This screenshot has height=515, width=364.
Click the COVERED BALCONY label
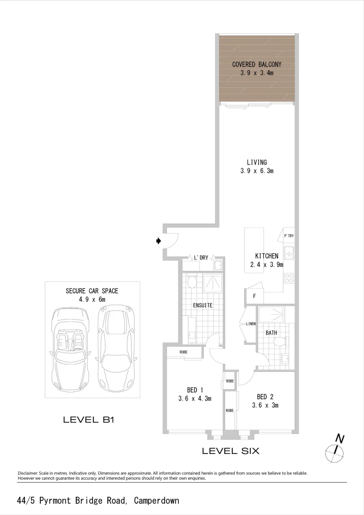click(x=257, y=64)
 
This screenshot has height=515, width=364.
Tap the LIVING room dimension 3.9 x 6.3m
click(x=257, y=171)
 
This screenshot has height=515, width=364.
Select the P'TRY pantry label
click(x=289, y=236)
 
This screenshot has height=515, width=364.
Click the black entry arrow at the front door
click(x=159, y=242)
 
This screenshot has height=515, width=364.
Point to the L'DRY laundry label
click(x=201, y=257)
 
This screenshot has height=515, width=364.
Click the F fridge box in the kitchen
click(x=254, y=296)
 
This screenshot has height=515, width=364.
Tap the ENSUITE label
click(x=203, y=305)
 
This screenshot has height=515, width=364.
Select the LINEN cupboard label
click(x=251, y=324)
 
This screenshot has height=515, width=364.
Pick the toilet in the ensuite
click(x=192, y=282)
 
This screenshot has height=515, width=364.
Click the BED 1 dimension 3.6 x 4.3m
click(x=195, y=399)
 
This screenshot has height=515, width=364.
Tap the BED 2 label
click(x=265, y=397)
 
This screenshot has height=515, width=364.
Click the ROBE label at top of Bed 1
click(x=184, y=352)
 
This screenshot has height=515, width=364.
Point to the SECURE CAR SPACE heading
click(x=92, y=291)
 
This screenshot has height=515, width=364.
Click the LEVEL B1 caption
click(x=89, y=420)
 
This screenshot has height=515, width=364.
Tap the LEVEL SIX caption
click(x=230, y=451)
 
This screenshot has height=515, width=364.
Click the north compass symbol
click(x=336, y=449)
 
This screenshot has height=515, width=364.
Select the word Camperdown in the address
click(x=156, y=501)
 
